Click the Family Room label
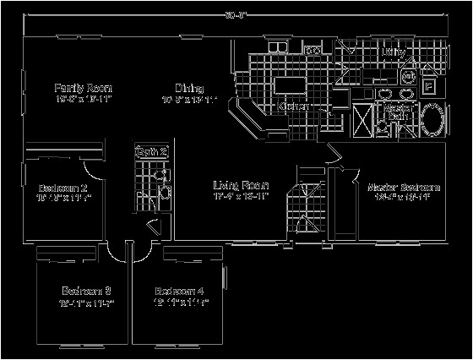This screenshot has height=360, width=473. pos(84,88)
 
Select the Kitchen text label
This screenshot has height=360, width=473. pos(292,106)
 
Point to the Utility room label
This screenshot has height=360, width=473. pos(394,52)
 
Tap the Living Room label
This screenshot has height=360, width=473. pos(241,185)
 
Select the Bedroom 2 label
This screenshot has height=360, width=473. pos(63,188)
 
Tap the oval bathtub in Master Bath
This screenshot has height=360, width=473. pos(430,118)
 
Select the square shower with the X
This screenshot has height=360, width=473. pos(364,117)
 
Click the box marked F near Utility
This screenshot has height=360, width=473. pos(428,85)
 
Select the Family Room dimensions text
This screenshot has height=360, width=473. pos(84,100)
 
